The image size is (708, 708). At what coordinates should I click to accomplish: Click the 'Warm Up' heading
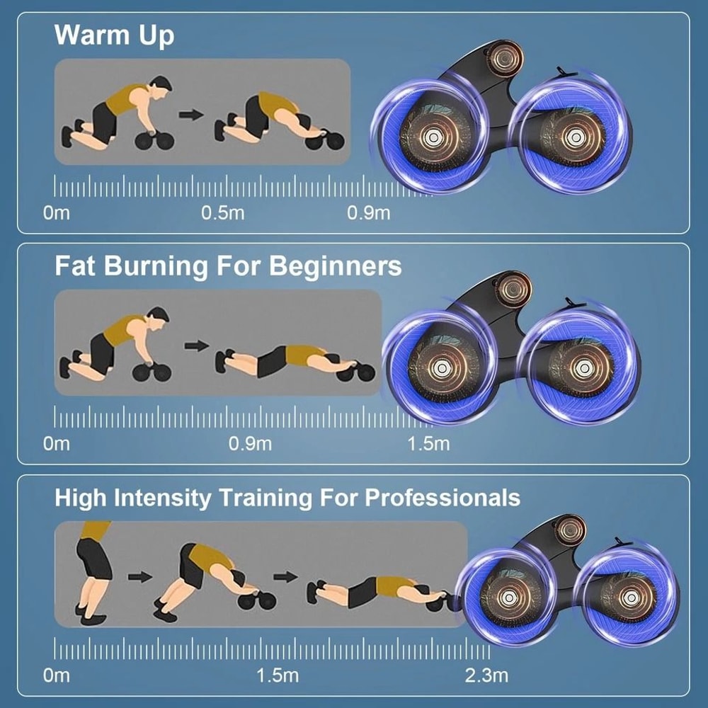[114, 35]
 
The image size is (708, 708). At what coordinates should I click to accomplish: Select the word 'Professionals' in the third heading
[442, 497]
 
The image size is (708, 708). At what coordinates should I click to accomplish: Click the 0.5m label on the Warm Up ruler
[223, 212]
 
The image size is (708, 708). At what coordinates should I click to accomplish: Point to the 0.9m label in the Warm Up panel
[368, 212]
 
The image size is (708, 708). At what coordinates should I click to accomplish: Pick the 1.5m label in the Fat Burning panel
[428, 444]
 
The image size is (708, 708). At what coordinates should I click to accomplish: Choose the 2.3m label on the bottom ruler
[486, 675]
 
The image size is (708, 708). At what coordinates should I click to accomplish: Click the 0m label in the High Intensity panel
[57, 675]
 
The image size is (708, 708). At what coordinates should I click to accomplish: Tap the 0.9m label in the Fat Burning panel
[250, 444]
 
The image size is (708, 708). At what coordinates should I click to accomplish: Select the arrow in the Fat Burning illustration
[196, 346]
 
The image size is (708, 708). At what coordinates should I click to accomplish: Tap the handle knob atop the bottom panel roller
[570, 528]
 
